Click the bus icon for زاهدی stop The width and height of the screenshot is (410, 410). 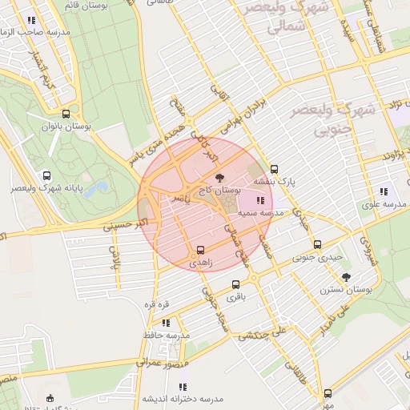[x=201, y=249]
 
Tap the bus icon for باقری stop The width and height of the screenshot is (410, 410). [x=235, y=284]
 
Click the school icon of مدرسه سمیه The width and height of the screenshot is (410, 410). [x=259, y=200]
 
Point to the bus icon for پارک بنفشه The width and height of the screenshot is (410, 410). [x=275, y=169]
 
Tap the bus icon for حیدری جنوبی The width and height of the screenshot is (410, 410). [x=317, y=244]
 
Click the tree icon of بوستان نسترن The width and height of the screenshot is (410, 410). [x=346, y=277]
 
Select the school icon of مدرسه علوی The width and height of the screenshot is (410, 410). [x=384, y=191]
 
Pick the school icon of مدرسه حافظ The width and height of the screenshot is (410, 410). [x=166, y=322]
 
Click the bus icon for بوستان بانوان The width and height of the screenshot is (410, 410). [x=66, y=114]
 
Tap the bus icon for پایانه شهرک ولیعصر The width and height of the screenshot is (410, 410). [x=46, y=175]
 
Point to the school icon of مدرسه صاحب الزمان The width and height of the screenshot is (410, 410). [x=31, y=20]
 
